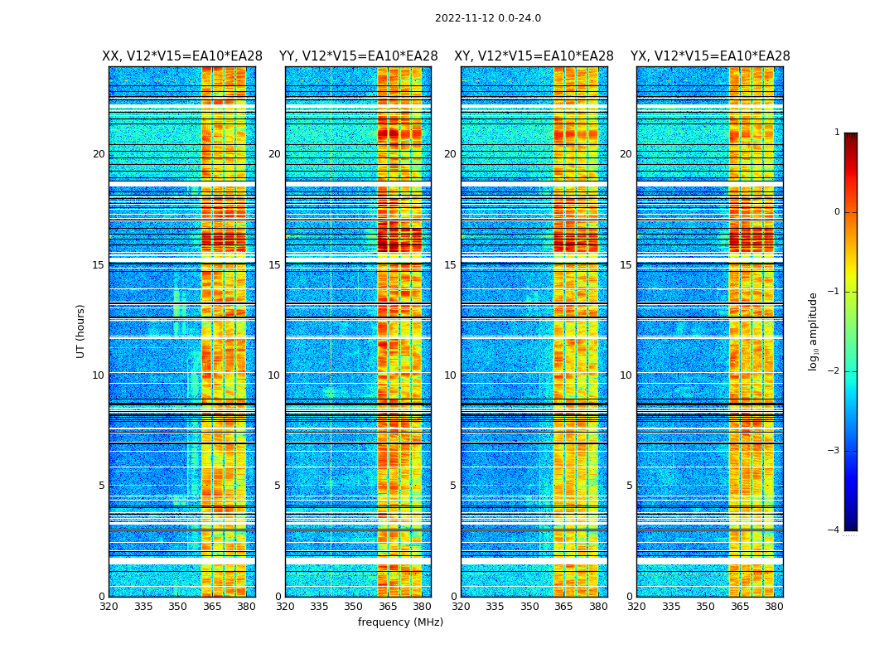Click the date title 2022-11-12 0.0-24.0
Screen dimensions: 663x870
pyautogui.click(x=488, y=18)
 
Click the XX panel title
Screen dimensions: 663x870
pyautogui.click(x=182, y=56)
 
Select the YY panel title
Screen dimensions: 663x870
pyautogui.click(x=358, y=56)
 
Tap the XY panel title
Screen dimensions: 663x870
pyautogui.click(x=534, y=56)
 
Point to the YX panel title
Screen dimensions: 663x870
pyautogui.click(x=710, y=56)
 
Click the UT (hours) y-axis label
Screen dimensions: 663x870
pyautogui.click(x=81, y=331)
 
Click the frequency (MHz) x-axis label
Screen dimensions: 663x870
pyautogui.click(x=400, y=622)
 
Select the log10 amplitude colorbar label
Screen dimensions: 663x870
pyautogui.click(x=814, y=331)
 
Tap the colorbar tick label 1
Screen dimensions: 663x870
pyautogui.click(x=837, y=133)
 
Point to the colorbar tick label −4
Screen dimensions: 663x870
pyautogui.click(x=834, y=530)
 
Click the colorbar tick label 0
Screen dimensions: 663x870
pyautogui.click(x=837, y=212)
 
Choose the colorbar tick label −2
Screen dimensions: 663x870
pyautogui.click(x=834, y=371)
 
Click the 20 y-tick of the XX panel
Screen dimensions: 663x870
pyautogui.click(x=99, y=154)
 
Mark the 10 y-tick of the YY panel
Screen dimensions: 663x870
pyautogui.click(x=274, y=375)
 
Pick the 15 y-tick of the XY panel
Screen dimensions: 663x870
pyautogui.click(x=450, y=265)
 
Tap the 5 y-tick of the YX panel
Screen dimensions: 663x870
pyautogui.click(x=629, y=486)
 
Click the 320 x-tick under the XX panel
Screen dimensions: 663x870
pyautogui.click(x=109, y=607)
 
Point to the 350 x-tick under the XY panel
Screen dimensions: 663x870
pyautogui.click(x=529, y=607)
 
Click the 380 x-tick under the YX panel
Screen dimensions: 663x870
pyautogui.click(x=774, y=607)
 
